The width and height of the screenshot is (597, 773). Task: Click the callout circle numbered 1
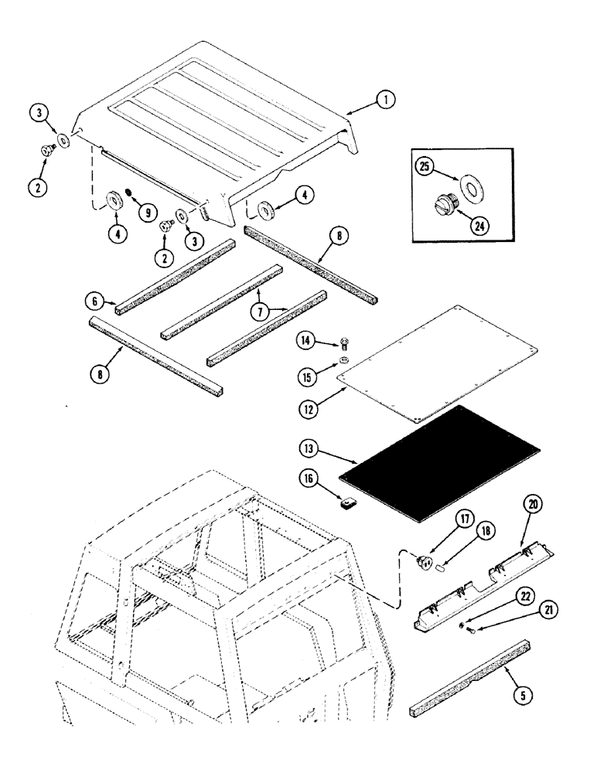(x=385, y=99)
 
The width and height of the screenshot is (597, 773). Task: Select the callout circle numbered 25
(x=425, y=167)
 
